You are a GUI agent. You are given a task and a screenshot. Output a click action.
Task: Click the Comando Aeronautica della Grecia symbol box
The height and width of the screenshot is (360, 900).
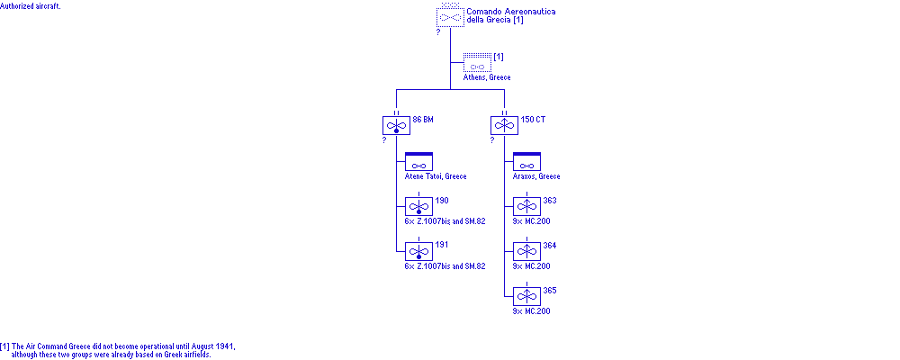(x=450, y=17)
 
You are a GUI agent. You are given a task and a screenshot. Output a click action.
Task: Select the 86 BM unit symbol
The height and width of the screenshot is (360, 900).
(x=396, y=126)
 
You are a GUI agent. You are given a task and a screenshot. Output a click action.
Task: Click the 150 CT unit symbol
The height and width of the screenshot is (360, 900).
(x=504, y=126)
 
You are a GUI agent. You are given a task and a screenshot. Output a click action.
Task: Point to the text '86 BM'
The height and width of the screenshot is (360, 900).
(x=424, y=119)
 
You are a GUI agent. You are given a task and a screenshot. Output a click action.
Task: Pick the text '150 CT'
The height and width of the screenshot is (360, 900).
(x=534, y=119)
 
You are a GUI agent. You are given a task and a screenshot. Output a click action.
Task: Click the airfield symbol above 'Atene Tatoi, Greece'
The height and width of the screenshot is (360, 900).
(x=418, y=162)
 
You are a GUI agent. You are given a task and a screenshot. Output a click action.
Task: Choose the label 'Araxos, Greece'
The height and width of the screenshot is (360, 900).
(x=536, y=176)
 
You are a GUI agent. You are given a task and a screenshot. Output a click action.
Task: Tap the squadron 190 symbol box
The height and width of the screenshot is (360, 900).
(x=418, y=207)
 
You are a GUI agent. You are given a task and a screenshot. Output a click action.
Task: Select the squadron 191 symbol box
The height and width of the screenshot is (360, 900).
(x=418, y=252)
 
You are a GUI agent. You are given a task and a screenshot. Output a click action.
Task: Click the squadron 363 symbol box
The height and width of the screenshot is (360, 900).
(x=526, y=207)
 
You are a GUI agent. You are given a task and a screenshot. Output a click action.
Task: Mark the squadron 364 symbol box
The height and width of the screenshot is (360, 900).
(x=526, y=252)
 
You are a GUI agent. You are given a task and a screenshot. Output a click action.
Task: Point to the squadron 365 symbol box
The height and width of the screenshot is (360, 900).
(x=526, y=297)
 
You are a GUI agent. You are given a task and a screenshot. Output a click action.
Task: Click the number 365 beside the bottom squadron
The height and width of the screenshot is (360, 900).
(x=550, y=290)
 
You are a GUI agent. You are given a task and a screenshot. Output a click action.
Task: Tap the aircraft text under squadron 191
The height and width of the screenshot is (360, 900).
(x=445, y=266)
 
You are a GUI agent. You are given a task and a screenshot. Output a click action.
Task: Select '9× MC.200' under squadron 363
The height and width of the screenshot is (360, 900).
(x=531, y=221)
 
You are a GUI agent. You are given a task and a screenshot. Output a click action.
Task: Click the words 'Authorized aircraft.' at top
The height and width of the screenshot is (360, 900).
(x=31, y=5)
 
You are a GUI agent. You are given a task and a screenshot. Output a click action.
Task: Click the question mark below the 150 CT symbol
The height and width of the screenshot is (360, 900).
(x=492, y=140)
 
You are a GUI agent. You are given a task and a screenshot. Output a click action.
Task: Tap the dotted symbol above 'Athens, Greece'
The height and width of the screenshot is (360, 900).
(x=477, y=64)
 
